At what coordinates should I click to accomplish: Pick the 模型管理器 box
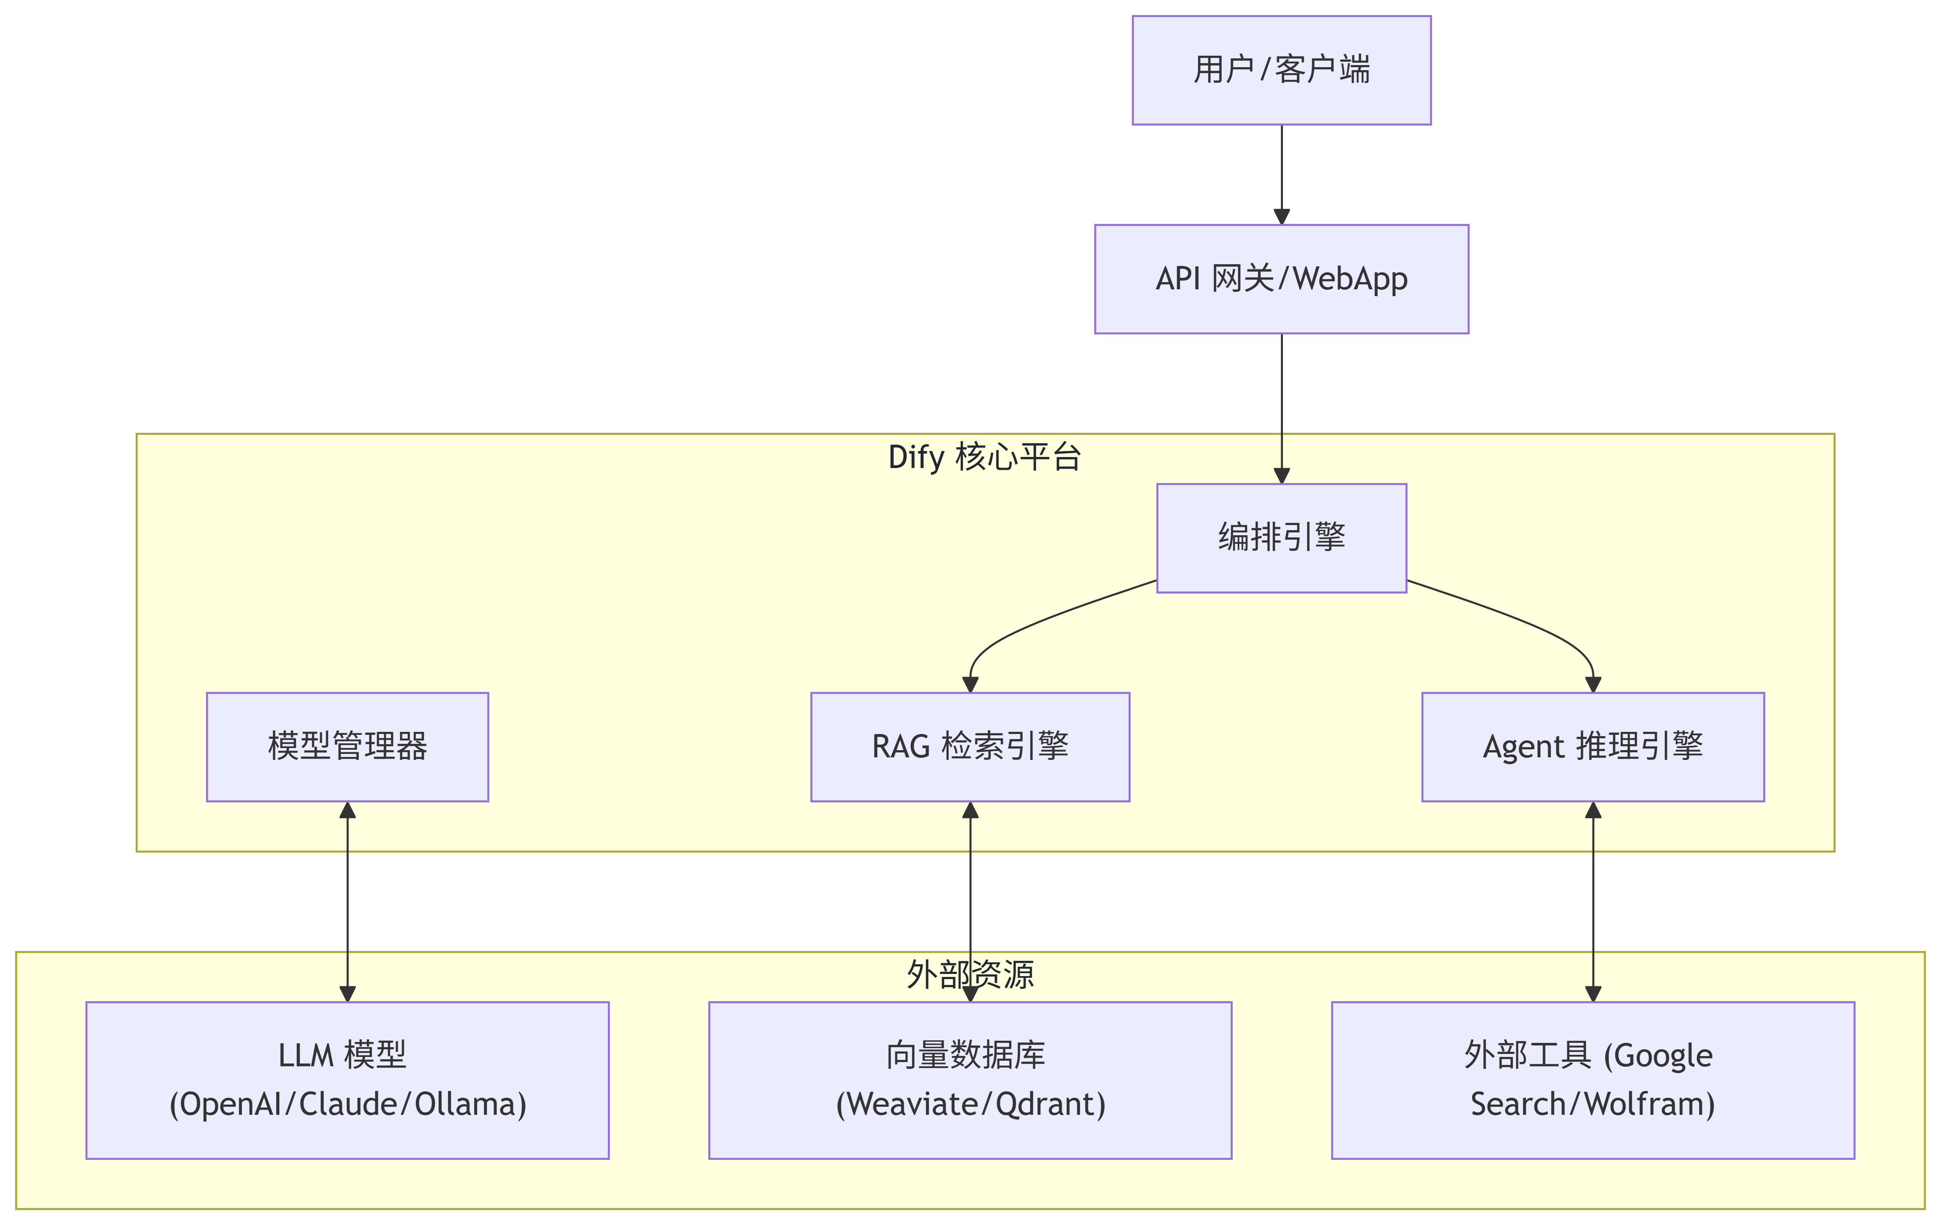tap(347, 746)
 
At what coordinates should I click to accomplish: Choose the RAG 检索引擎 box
tap(970, 746)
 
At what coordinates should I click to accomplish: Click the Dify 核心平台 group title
tap(984, 457)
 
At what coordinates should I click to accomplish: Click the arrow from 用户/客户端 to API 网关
tap(1282, 173)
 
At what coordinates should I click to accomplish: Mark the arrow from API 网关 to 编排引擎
tap(1282, 403)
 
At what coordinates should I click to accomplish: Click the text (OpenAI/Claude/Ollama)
tap(347, 1104)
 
